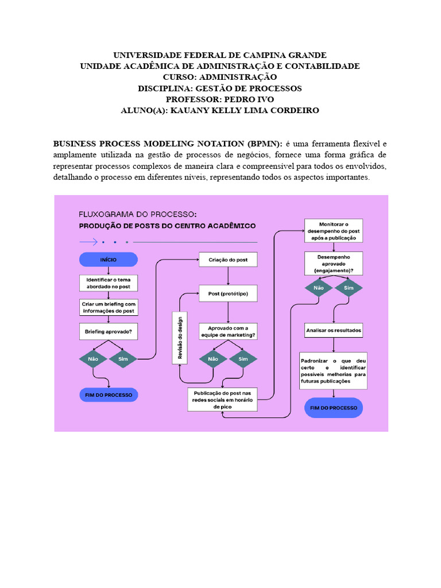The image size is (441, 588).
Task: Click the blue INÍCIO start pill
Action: [x=108, y=260]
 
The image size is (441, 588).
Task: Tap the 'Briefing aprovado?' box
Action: [x=108, y=331]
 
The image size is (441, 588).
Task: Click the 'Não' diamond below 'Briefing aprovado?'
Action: [x=93, y=359]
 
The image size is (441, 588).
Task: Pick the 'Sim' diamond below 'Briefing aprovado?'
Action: [x=123, y=359]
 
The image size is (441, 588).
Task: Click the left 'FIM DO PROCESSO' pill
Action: [x=108, y=395]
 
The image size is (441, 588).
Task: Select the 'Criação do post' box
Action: [x=228, y=260]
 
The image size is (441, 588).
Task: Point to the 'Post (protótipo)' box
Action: [x=228, y=293]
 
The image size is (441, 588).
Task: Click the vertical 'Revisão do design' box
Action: [x=180, y=338]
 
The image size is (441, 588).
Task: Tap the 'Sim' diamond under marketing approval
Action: [x=243, y=359]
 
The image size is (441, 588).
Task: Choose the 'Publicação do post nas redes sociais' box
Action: [x=222, y=399]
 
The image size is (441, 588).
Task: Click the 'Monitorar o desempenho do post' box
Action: [x=334, y=230]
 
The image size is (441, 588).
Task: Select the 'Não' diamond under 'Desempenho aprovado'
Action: [x=319, y=288]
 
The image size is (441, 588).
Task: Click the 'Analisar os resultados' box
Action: [x=334, y=331]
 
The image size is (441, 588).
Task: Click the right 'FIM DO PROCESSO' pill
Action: [x=334, y=408]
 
